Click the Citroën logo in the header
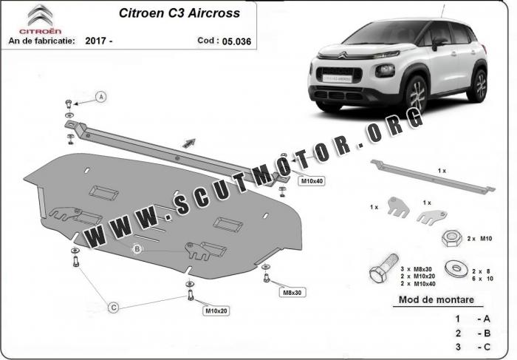(40, 19)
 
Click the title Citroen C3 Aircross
(179, 13)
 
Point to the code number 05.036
(236, 41)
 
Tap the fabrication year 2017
(95, 41)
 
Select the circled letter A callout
(101, 97)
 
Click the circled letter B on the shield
(137, 249)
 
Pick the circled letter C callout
(114, 308)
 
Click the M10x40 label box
(312, 181)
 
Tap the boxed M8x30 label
(292, 292)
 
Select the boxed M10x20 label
(216, 310)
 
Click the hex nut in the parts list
(451, 239)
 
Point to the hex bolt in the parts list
(383, 268)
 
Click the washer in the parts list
(456, 268)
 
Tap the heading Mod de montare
(436, 299)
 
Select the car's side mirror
(438, 43)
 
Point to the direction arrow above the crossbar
(189, 143)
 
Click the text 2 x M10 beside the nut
(479, 238)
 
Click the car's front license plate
(338, 78)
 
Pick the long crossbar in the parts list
(433, 176)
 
